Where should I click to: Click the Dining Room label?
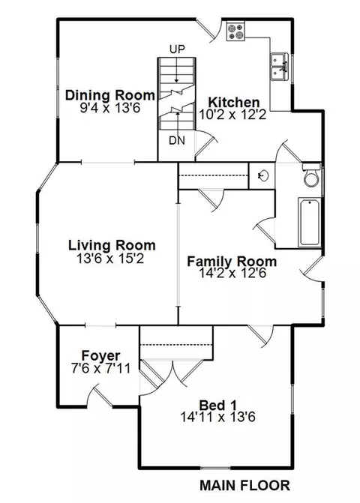(110, 95)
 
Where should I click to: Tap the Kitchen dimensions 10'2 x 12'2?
(233, 115)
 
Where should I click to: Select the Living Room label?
(112, 245)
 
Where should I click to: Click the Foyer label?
(100, 355)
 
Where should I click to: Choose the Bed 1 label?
(217, 405)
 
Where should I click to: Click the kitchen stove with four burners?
(235, 31)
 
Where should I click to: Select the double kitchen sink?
(279, 67)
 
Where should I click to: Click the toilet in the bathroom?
(311, 175)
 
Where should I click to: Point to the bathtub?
(309, 223)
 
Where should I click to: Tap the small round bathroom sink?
(263, 175)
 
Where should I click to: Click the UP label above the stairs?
(177, 49)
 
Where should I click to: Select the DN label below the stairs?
(177, 140)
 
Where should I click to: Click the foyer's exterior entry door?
(100, 396)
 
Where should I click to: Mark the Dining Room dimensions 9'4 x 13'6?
(110, 108)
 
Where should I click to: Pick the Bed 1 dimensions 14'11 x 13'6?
(217, 418)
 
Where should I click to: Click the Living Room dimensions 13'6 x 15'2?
(111, 258)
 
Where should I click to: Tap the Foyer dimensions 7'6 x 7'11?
(100, 368)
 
